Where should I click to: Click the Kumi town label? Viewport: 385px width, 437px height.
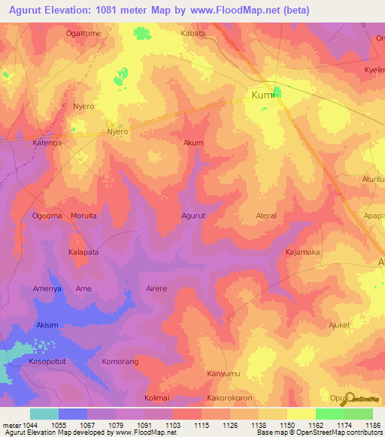point(260,95)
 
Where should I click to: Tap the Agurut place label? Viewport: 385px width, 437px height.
point(193,215)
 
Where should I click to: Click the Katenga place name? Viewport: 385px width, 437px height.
point(47,142)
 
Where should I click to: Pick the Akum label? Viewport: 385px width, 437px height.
point(193,142)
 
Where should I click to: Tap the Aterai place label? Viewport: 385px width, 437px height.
point(266,215)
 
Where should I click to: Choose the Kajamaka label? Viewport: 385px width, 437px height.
point(302,252)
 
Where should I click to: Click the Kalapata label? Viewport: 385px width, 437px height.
point(83,252)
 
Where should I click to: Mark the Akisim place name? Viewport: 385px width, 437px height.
point(47,325)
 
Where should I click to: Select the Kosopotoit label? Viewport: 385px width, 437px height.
point(47,361)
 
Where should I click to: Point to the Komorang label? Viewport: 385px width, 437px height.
point(120,361)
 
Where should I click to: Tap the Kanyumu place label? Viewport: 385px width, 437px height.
point(223,373)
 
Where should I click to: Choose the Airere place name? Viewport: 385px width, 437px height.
point(156,288)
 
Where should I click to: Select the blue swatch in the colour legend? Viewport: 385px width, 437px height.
point(72,414)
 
